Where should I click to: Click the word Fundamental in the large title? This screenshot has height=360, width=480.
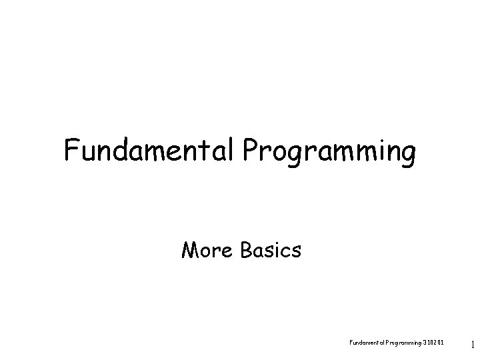[x=147, y=151]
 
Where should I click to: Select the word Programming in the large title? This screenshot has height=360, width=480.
[x=329, y=153]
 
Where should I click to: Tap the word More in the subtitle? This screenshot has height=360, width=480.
[x=205, y=250]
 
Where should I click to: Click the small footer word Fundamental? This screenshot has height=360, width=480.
[x=365, y=343]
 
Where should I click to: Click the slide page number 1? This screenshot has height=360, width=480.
[x=472, y=345]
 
